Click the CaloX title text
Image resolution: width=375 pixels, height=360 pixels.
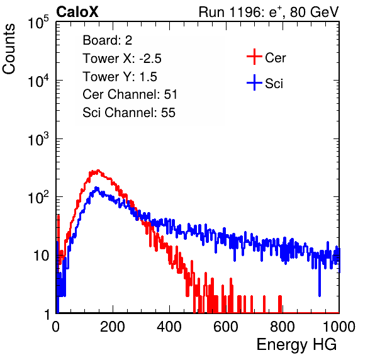point(77,12)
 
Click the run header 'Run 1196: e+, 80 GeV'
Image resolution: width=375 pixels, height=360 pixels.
point(269,12)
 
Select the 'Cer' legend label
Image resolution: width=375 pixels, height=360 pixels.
point(275,58)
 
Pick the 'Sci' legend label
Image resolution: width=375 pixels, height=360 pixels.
point(274,84)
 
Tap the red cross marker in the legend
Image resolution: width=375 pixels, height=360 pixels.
point(254,57)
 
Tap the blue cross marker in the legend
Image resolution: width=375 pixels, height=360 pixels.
point(254,83)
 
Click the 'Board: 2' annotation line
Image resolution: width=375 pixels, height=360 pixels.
point(108,40)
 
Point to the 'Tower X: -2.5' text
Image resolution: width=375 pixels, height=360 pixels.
point(122,59)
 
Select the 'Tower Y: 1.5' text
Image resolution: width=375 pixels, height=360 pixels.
point(120,77)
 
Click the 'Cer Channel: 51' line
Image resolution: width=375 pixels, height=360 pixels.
point(130,94)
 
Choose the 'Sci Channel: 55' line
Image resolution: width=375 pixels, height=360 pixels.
point(129,113)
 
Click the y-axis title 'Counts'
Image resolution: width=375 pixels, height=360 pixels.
point(9,49)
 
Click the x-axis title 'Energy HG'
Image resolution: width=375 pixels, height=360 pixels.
point(296,345)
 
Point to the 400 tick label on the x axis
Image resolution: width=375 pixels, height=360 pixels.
point(169,327)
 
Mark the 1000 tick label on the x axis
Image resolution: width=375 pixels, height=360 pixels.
point(339,327)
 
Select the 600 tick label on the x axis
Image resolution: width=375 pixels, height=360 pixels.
point(226,327)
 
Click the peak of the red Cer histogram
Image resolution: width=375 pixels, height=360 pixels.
point(98,171)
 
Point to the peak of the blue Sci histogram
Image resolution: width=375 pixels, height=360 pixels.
point(96,188)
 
